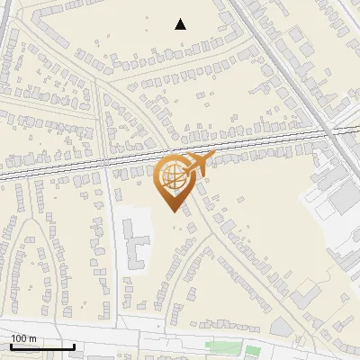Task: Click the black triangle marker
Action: (x=181, y=24)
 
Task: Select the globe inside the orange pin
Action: (x=172, y=178)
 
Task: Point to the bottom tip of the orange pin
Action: (x=172, y=211)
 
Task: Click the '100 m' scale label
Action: (x=23, y=338)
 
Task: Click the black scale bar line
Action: (x=42, y=346)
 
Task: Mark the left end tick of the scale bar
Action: (x=11, y=346)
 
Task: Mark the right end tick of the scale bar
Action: (x=74, y=346)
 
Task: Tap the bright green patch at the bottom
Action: (x=253, y=350)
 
